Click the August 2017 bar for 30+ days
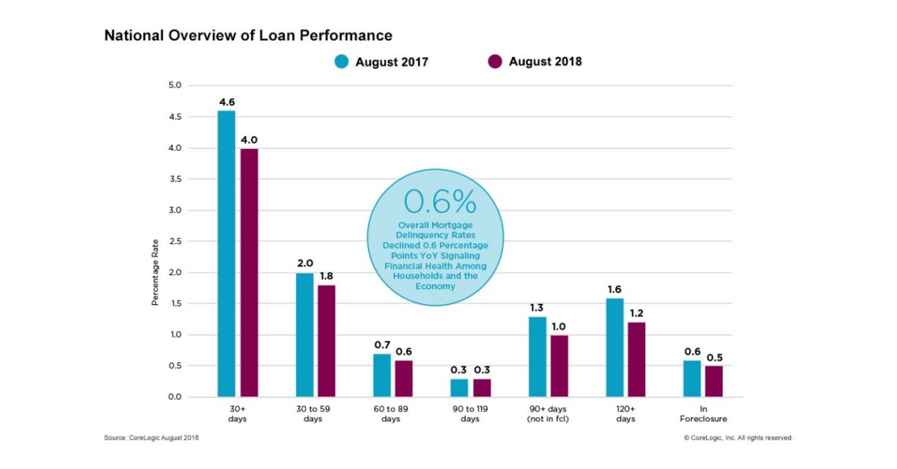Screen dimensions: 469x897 226,254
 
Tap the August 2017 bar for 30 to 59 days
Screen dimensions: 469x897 304,334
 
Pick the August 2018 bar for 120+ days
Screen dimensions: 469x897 635,359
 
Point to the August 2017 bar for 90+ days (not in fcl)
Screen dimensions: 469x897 537,356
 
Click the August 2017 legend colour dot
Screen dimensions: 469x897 342,62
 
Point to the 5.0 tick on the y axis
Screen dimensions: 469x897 173,86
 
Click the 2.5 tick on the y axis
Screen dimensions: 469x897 173,242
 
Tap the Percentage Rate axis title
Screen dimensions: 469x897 155,272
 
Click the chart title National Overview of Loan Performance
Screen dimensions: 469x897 248,35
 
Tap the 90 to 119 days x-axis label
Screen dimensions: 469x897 469,414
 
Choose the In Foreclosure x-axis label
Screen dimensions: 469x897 703,414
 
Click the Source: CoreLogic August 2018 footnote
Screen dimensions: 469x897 152,438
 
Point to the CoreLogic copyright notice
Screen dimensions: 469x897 738,438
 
